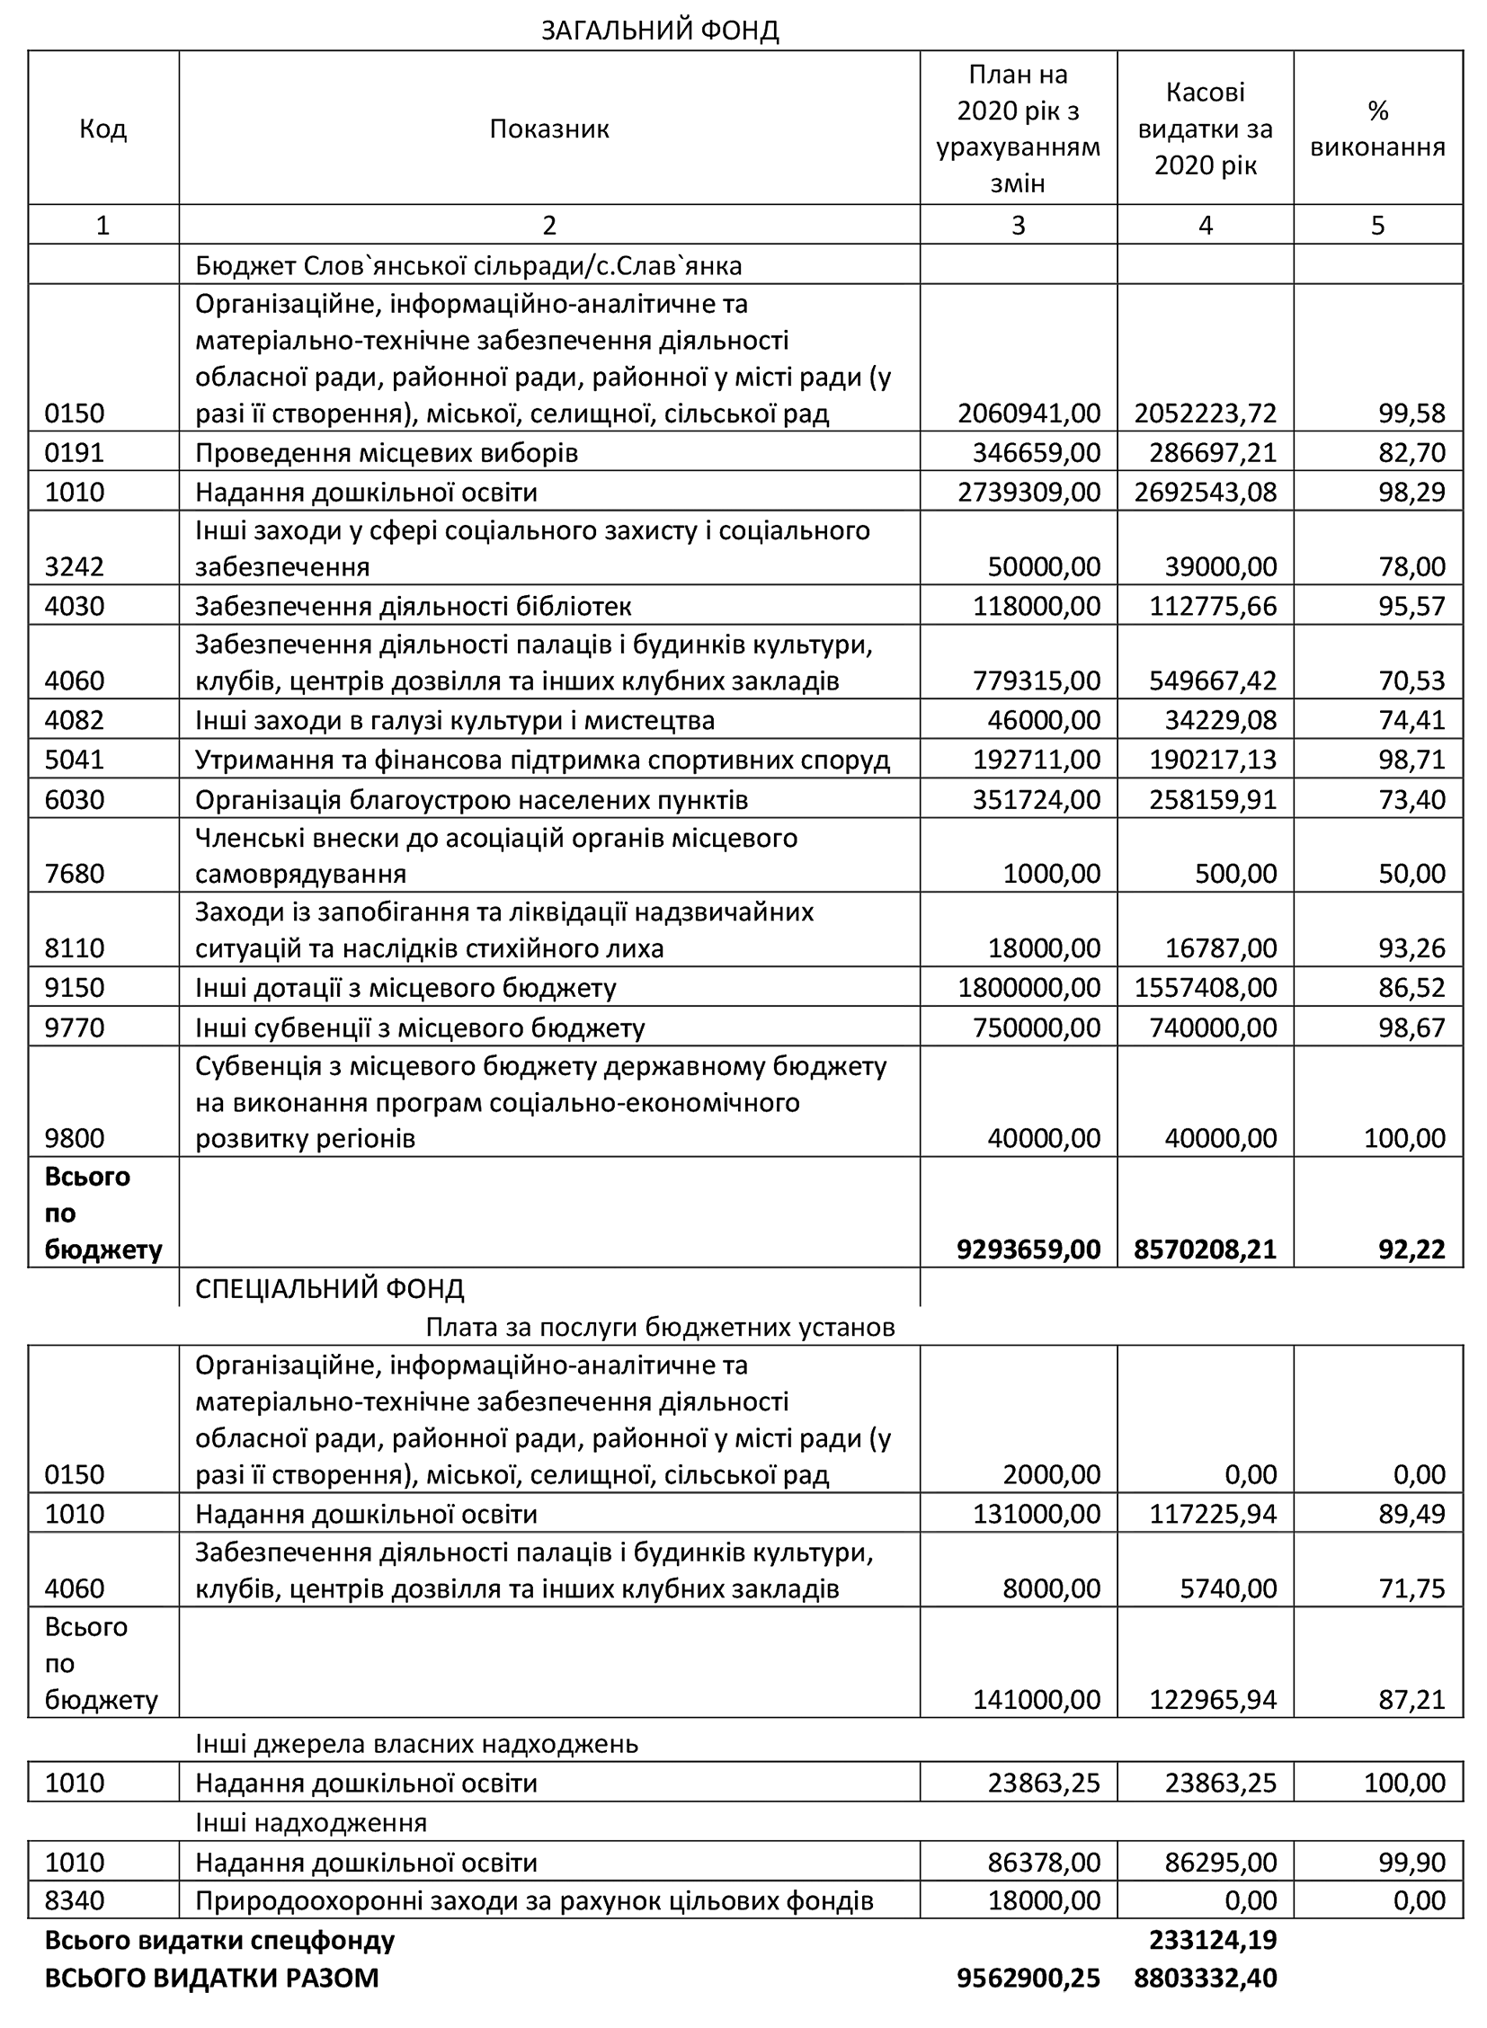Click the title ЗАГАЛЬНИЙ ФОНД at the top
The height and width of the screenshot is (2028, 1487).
(659, 31)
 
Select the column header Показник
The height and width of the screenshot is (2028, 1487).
(549, 129)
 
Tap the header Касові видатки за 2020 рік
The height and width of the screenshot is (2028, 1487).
(1205, 129)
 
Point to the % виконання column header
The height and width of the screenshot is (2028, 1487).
(1377, 129)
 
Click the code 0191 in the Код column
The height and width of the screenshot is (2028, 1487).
(75, 452)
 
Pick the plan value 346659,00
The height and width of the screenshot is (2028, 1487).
(1036, 452)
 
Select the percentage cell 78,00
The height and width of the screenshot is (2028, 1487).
(1411, 566)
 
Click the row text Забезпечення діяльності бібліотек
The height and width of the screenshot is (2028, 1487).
(414, 606)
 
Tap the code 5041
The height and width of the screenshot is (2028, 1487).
(75, 760)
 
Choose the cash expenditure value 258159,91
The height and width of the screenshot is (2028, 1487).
(1213, 799)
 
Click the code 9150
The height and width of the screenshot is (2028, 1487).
(75, 987)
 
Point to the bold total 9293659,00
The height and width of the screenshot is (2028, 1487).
(1028, 1249)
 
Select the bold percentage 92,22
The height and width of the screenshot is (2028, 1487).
(1411, 1249)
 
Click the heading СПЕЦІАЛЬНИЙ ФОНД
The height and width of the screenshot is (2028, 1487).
(329, 1288)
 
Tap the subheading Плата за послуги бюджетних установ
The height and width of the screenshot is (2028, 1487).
(660, 1327)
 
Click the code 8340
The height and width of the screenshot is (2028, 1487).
(75, 1900)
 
